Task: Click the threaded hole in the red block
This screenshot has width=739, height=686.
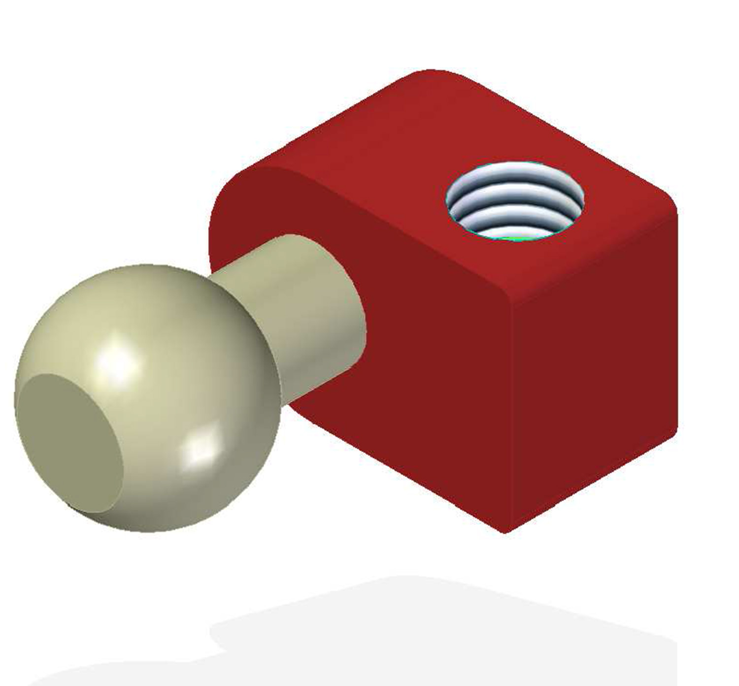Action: pyautogui.click(x=515, y=202)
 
